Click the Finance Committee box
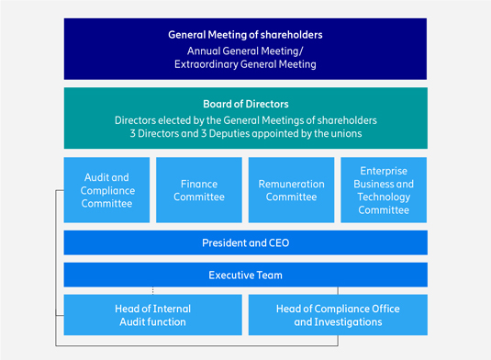tap(199, 190)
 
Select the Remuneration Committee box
tap(291, 190)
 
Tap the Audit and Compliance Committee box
tap(106, 190)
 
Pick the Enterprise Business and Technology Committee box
tap(384, 190)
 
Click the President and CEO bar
tap(246, 242)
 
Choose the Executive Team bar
tap(246, 275)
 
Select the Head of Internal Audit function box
tap(153, 315)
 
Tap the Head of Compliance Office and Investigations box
tap(338, 315)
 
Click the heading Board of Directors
tap(246, 104)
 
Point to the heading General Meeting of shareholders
tap(245, 35)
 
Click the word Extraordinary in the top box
tap(206, 64)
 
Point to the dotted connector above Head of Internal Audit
tap(153, 291)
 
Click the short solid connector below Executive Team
tap(338, 291)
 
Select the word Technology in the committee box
tap(384, 197)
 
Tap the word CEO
tap(279, 242)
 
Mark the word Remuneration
tap(291, 184)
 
